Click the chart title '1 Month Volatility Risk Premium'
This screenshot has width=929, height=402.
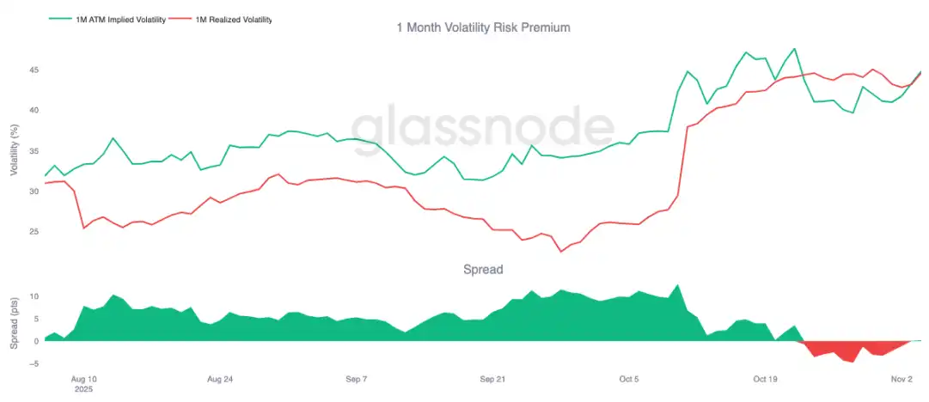pyautogui.click(x=482, y=27)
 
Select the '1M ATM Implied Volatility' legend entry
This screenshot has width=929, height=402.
pyautogui.click(x=109, y=18)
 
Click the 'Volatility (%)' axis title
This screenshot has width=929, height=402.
pyautogui.click(x=15, y=150)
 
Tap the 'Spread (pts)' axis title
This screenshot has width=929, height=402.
pyautogui.click(x=15, y=319)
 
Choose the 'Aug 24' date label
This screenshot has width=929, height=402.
pyautogui.click(x=219, y=378)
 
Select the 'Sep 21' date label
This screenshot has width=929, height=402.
pyautogui.click(x=492, y=378)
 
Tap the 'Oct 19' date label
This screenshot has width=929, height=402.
pyautogui.click(x=765, y=378)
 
